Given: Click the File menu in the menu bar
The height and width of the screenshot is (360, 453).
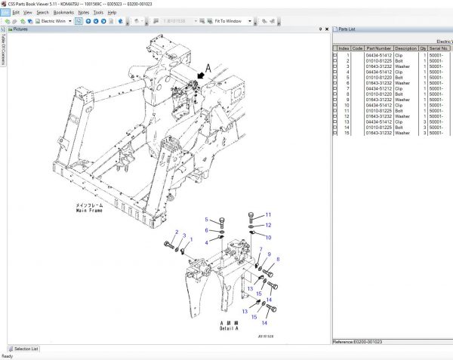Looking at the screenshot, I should (5, 13).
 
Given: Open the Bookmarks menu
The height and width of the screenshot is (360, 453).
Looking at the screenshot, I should (63, 13).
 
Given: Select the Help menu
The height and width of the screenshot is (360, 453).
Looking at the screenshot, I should (112, 13).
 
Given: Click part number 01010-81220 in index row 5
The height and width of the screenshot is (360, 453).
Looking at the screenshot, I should (379, 78).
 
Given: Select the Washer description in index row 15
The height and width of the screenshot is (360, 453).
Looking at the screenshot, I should (402, 132).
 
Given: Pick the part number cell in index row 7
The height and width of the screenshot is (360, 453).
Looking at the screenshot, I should (379, 88).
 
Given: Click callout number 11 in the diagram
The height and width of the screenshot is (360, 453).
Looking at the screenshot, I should (267, 215).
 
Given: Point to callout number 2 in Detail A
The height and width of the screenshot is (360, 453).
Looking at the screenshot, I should (177, 232).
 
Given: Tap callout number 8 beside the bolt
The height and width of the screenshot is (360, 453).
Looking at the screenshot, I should (277, 260).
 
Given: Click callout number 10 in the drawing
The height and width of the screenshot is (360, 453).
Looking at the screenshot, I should (267, 237).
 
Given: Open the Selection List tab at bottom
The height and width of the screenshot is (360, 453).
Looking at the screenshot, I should (26, 349).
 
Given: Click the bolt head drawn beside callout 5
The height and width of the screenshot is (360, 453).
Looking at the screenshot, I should (220, 221).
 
